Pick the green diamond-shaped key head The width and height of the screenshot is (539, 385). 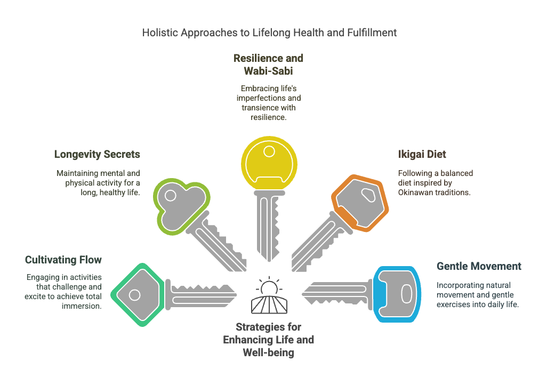click(137, 294)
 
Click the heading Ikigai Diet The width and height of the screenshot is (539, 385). click(422, 155)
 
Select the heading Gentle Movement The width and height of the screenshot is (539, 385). click(479, 266)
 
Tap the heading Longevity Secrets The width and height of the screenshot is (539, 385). click(97, 155)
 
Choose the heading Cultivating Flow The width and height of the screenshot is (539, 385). click(63, 260)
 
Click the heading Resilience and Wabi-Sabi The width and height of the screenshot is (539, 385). click(269, 64)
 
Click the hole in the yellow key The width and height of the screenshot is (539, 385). click(269, 152)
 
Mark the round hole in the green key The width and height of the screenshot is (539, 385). click(134, 294)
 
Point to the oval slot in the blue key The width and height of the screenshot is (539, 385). click(405, 294)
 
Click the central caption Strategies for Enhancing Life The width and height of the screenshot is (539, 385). click(269, 340)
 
